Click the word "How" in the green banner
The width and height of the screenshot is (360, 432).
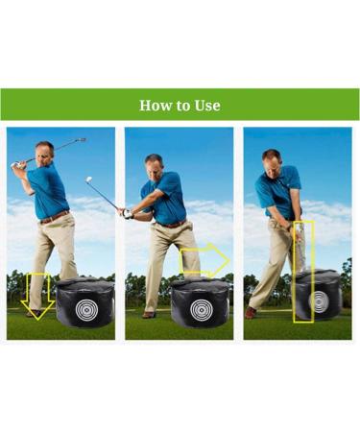155,106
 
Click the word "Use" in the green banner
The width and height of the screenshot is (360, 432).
206,106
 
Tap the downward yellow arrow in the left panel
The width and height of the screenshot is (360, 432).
38,294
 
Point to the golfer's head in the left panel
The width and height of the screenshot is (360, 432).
44,152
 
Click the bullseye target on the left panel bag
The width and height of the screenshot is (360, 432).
84,310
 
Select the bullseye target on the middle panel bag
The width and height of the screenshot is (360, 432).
202,310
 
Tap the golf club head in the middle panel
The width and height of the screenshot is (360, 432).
88,179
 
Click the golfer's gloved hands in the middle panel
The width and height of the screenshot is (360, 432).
126,212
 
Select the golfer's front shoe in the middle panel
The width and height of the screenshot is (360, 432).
149,314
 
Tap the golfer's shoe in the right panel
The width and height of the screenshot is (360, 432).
251,313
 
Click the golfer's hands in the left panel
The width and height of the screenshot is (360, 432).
18,165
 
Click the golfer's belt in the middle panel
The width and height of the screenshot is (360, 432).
174,224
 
